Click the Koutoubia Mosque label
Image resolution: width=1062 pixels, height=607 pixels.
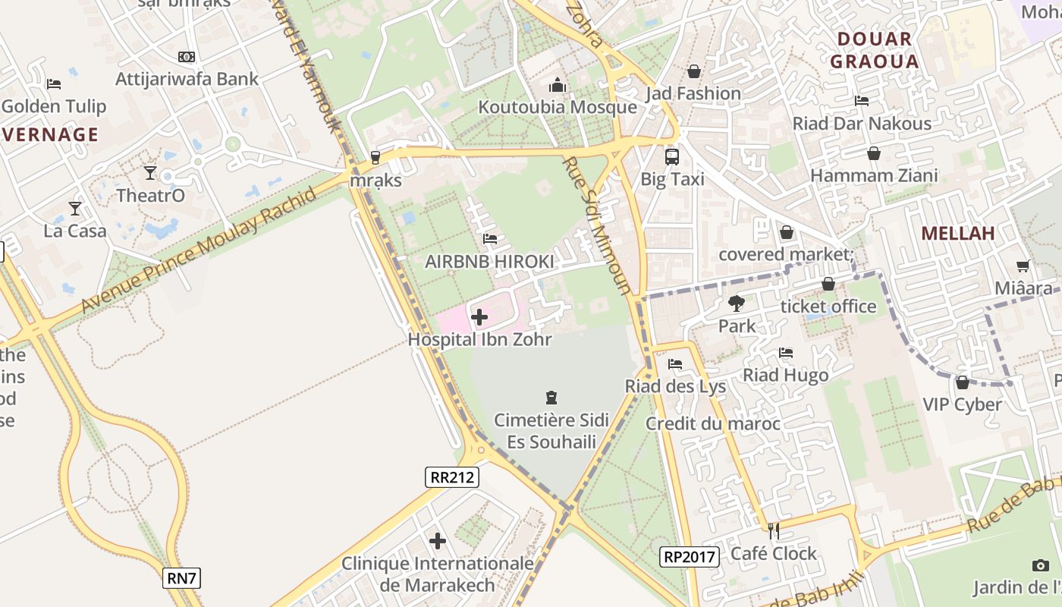pyautogui.click(x=557, y=108)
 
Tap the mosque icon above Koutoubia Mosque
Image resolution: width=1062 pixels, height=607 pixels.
pyautogui.click(x=558, y=84)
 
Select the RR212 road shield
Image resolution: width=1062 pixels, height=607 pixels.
pyautogui.click(x=452, y=477)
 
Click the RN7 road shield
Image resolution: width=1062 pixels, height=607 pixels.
pyautogui.click(x=182, y=579)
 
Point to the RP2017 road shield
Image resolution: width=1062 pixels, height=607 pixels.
pyautogui.click(x=689, y=557)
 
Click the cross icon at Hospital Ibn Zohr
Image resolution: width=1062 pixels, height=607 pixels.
pyautogui.click(x=479, y=317)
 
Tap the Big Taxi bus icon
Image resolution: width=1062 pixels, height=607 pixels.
pyautogui.click(x=672, y=157)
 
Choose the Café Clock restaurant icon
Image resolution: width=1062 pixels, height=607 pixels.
pyautogui.click(x=774, y=531)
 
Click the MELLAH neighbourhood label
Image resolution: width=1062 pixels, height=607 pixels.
pyautogui.click(x=958, y=234)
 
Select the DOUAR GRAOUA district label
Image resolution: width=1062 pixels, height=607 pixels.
pyautogui.click(x=875, y=50)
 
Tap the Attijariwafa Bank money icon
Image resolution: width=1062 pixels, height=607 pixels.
pyautogui.click(x=187, y=57)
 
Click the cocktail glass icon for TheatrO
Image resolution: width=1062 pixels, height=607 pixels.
pyautogui.click(x=150, y=173)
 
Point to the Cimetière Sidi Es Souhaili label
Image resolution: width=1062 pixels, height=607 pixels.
pyautogui.click(x=551, y=431)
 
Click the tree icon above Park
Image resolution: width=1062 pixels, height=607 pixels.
pyautogui.click(x=736, y=303)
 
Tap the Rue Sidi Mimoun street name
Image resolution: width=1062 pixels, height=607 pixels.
pyautogui.click(x=596, y=225)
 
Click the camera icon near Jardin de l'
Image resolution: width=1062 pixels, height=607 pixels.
pyautogui.click(x=1041, y=565)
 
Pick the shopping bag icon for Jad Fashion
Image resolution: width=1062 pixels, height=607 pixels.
pyautogui.click(x=693, y=71)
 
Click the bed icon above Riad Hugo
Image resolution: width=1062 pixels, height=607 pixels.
pyautogui.click(x=786, y=353)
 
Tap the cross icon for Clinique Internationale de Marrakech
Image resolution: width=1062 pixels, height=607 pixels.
pyautogui.click(x=438, y=541)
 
